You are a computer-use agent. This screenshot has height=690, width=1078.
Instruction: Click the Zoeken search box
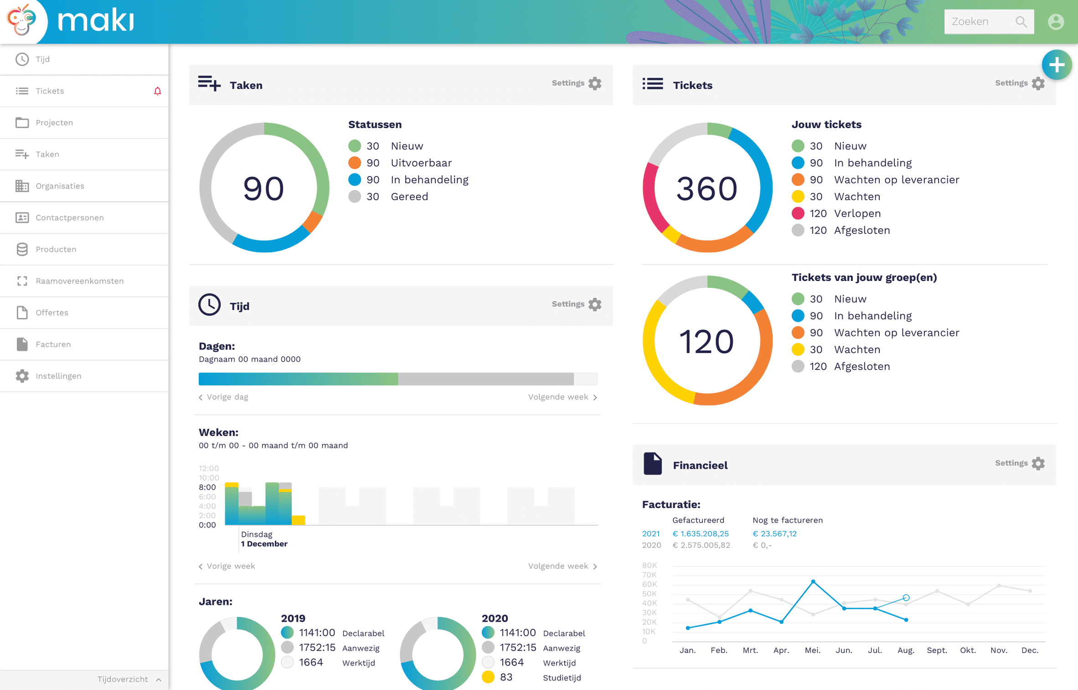click(989, 21)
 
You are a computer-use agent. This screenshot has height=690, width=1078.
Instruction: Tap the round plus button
click(1057, 65)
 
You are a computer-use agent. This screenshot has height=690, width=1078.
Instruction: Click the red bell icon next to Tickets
click(158, 91)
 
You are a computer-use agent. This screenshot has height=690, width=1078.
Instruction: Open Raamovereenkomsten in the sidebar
click(80, 281)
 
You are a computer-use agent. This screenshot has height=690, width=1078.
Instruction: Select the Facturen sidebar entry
click(53, 344)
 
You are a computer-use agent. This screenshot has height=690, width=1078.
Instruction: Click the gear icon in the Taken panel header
click(595, 83)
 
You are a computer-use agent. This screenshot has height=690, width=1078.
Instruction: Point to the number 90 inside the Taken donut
click(263, 188)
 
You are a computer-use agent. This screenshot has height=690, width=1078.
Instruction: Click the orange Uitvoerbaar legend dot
click(355, 163)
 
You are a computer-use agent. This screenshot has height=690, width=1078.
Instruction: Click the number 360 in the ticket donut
click(707, 188)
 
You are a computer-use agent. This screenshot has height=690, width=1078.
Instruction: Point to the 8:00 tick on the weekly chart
click(207, 487)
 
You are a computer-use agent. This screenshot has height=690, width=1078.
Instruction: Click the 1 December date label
click(264, 544)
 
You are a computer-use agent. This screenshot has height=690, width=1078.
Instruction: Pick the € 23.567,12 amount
click(774, 534)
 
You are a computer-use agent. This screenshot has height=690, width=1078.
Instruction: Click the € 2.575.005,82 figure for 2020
click(701, 545)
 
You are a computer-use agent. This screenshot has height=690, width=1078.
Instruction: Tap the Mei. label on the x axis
click(813, 650)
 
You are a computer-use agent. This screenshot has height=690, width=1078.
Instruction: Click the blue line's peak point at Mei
click(813, 581)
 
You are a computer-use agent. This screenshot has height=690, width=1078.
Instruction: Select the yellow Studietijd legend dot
click(488, 677)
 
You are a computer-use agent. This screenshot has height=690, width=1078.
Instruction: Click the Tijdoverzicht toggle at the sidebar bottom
click(129, 679)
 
